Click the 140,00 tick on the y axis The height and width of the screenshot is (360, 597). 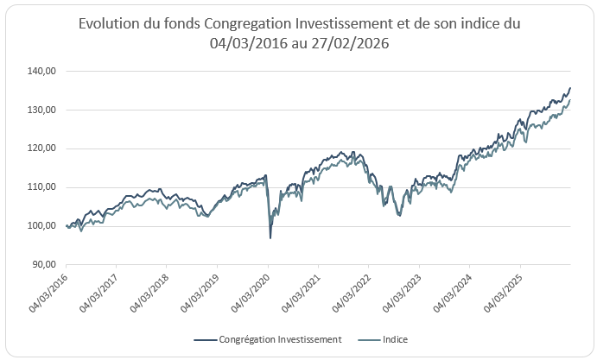coord(42,71)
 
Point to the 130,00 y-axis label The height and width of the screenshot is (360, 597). coord(42,110)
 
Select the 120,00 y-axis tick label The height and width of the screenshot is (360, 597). coord(42,148)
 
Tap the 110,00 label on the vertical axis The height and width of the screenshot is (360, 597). coord(42,187)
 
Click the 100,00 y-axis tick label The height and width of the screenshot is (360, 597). coord(42,226)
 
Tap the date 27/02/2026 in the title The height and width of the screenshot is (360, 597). coord(355,45)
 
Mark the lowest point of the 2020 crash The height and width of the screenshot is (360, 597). coord(270,237)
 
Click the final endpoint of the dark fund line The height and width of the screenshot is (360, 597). coord(570,88)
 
